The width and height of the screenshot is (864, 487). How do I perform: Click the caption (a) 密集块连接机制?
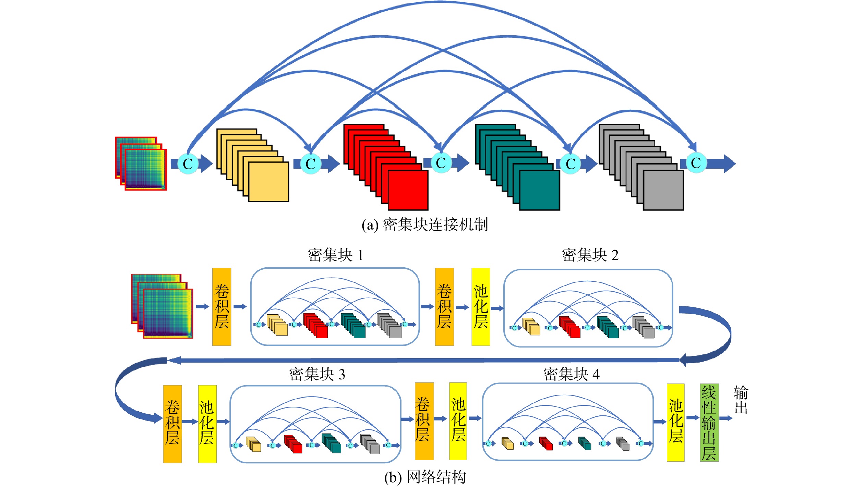(425, 225)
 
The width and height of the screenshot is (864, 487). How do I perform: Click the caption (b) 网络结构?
(425, 477)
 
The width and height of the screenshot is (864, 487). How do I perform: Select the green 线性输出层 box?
(709, 423)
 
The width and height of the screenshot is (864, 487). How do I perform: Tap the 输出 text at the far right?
(741, 400)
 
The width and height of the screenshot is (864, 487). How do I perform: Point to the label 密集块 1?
(336, 255)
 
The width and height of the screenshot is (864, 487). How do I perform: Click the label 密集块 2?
(590, 255)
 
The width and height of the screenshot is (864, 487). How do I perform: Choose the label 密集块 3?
(317, 374)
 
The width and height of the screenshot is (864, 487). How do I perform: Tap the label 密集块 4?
(572, 374)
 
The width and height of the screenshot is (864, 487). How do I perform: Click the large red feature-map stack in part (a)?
(386, 167)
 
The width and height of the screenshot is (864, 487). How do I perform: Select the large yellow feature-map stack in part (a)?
(253, 165)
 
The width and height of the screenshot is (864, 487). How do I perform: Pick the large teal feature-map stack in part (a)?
(518, 167)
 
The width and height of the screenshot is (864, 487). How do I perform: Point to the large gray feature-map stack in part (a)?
(641, 167)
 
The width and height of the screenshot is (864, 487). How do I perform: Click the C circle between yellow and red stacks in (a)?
(311, 164)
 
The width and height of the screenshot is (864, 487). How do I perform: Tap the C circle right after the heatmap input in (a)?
(188, 163)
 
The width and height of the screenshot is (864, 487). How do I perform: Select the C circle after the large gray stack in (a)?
(696, 163)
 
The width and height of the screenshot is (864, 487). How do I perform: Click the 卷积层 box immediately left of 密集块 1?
(222, 307)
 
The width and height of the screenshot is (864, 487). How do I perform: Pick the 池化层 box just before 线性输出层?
(676, 423)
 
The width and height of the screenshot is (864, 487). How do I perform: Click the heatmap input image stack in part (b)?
(162, 306)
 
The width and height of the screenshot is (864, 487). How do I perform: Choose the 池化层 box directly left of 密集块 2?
(481, 307)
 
